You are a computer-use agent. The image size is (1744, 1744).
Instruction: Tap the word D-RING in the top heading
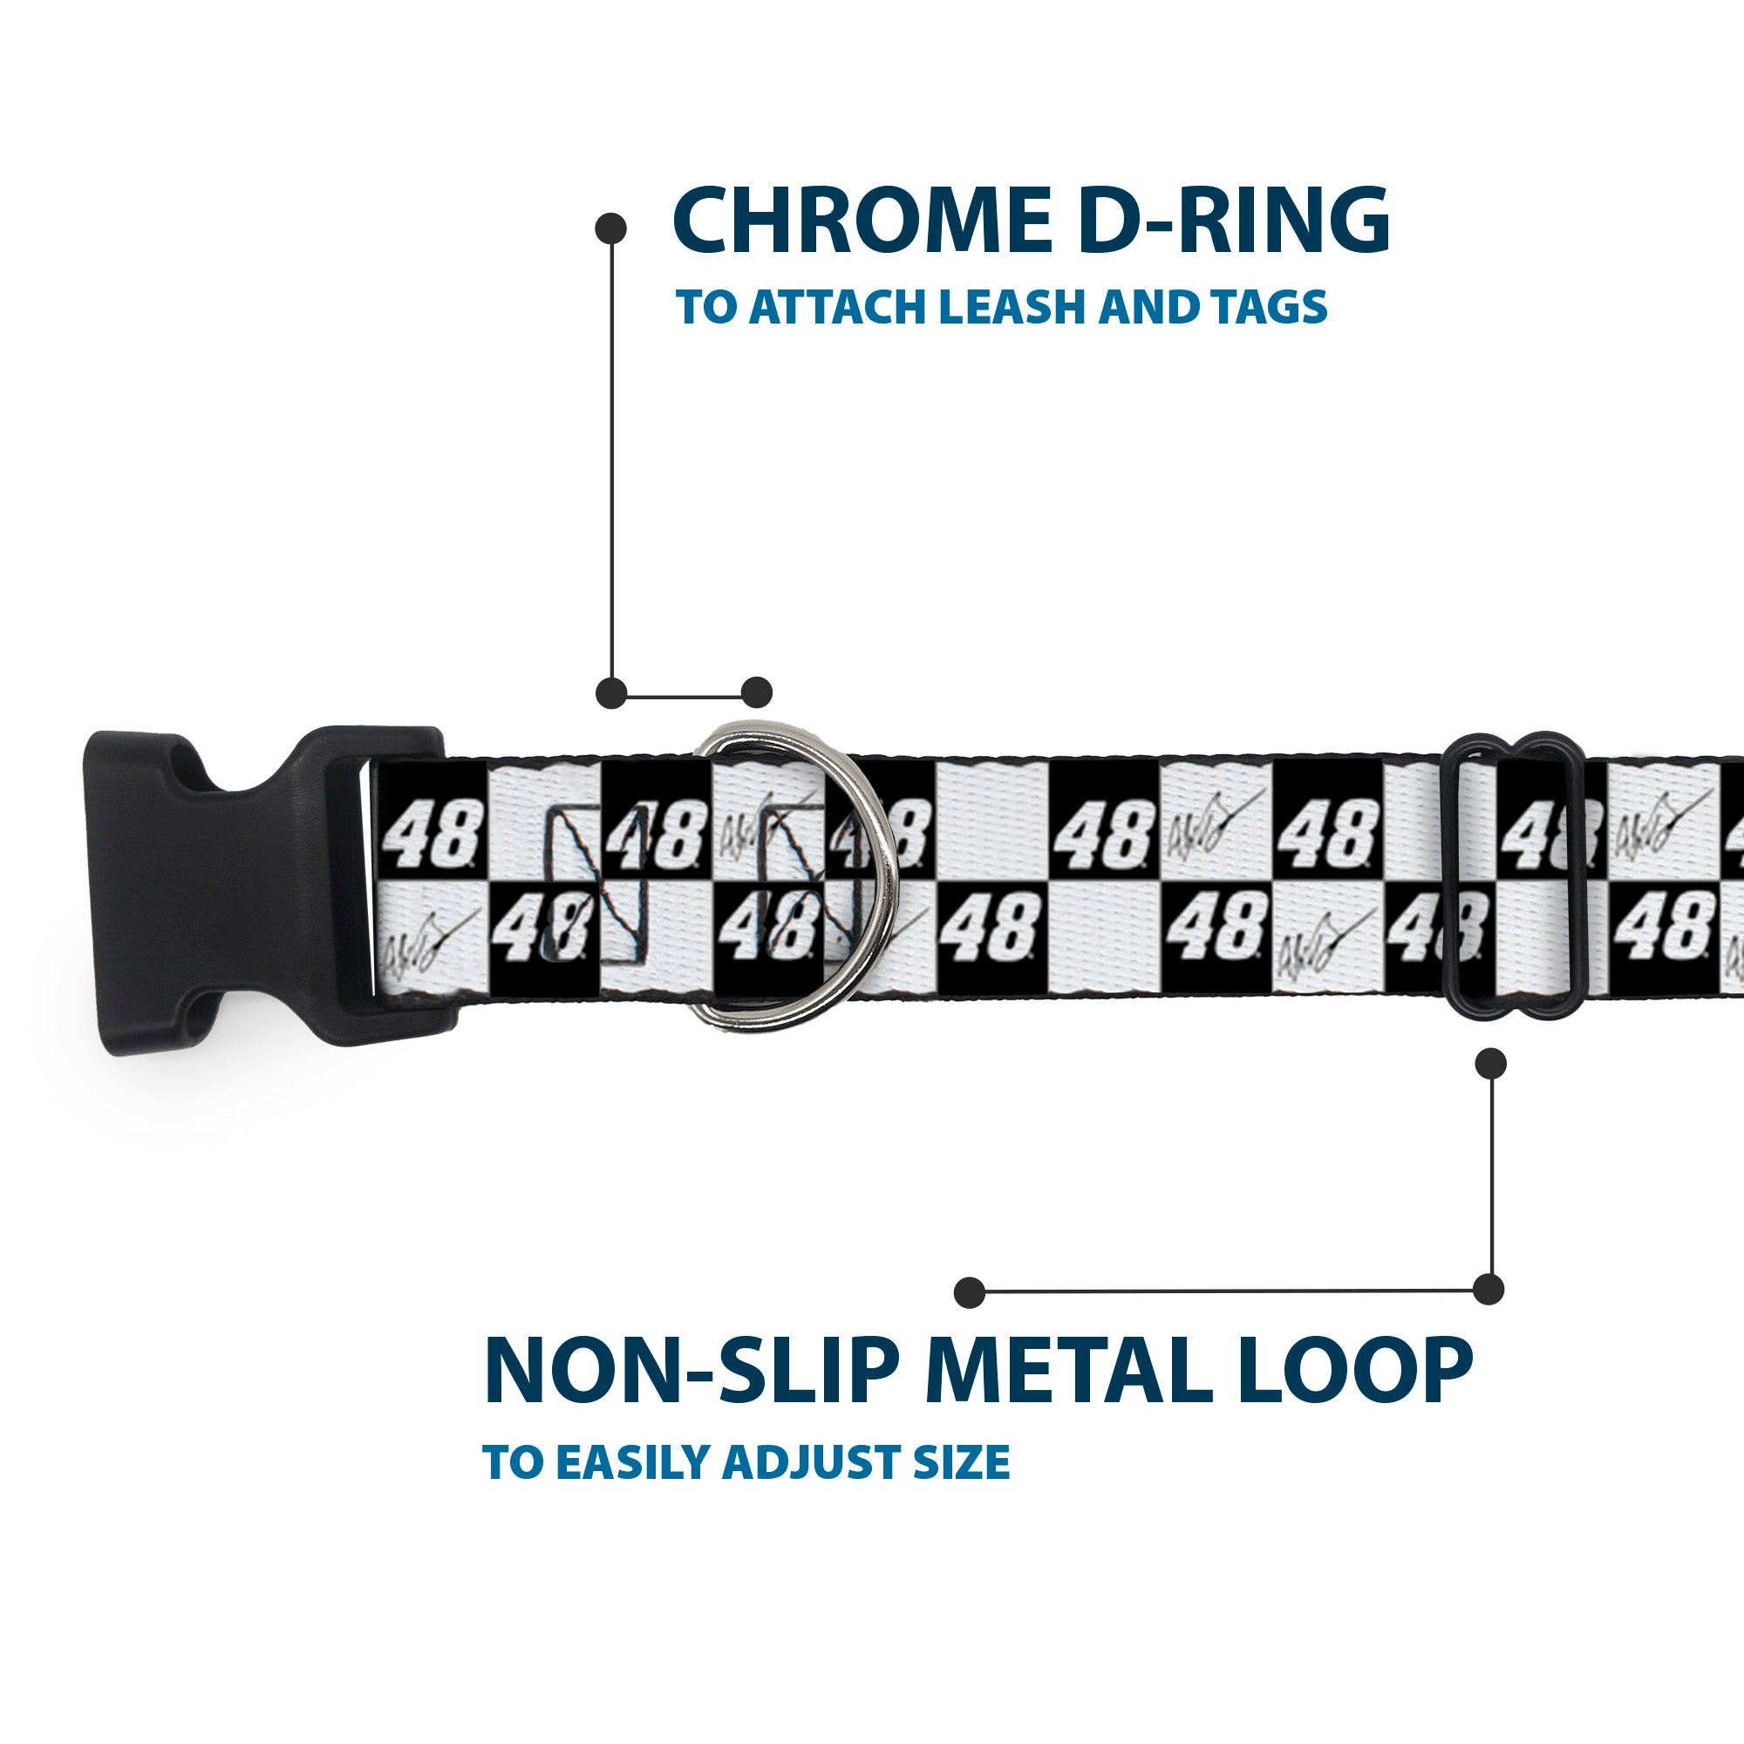[1233, 221]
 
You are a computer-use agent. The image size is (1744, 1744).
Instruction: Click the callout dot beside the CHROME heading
[611, 228]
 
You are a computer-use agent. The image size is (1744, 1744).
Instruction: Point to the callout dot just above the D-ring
[756, 692]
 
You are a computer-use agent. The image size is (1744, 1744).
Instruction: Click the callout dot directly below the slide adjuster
[1490, 1063]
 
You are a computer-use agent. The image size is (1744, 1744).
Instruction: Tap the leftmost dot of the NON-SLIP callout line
[970, 1291]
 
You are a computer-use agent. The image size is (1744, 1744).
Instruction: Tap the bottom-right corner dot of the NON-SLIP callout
[1489, 1289]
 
